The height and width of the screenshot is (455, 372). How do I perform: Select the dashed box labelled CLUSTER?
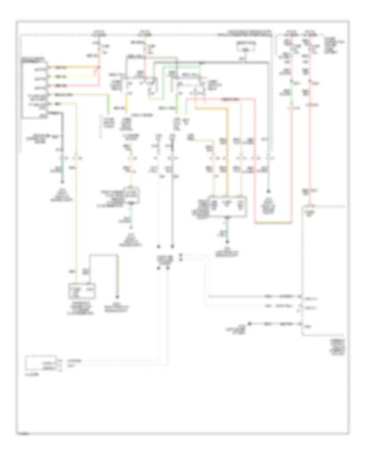[41, 362]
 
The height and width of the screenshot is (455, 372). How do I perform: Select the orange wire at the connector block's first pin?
[74, 68]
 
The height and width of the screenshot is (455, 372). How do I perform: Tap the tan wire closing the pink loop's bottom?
[273, 223]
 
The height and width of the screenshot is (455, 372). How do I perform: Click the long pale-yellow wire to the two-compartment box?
[76, 199]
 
